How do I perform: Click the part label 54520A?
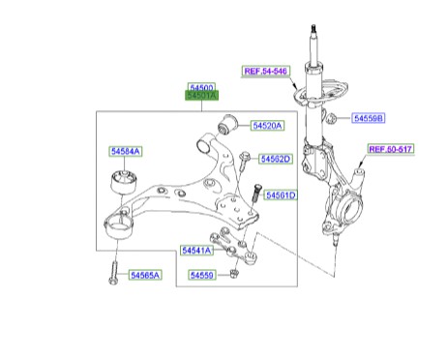pyautogui.click(x=267, y=126)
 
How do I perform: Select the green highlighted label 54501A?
pyautogui.click(x=201, y=96)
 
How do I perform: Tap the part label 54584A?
pyautogui.click(x=125, y=151)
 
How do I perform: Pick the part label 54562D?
pyautogui.click(x=276, y=159)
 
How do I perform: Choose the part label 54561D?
pyautogui.click(x=281, y=195)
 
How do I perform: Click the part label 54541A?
pyautogui.click(x=196, y=251)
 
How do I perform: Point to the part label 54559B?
pyautogui.click(x=369, y=118)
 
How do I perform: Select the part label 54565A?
pyautogui.click(x=145, y=275)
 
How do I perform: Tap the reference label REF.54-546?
pyautogui.click(x=266, y=71)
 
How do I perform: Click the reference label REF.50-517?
pyautogui.click(x=391, y=149)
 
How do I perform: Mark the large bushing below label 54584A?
pyautogui.click(x=123, y=183)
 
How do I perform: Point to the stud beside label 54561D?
pyautogui.click(x=256, y=193)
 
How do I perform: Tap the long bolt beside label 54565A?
pyautogui.click(x=113, y=273)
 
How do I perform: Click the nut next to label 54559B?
pyautogui.click(x=332, y=118)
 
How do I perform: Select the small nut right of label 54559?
pyautogui.click(x=234, y=275)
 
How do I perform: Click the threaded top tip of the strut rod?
pyautogui.click(x=313, y=28)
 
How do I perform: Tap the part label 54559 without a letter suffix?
pyautogui.click(x=201, y=275)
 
